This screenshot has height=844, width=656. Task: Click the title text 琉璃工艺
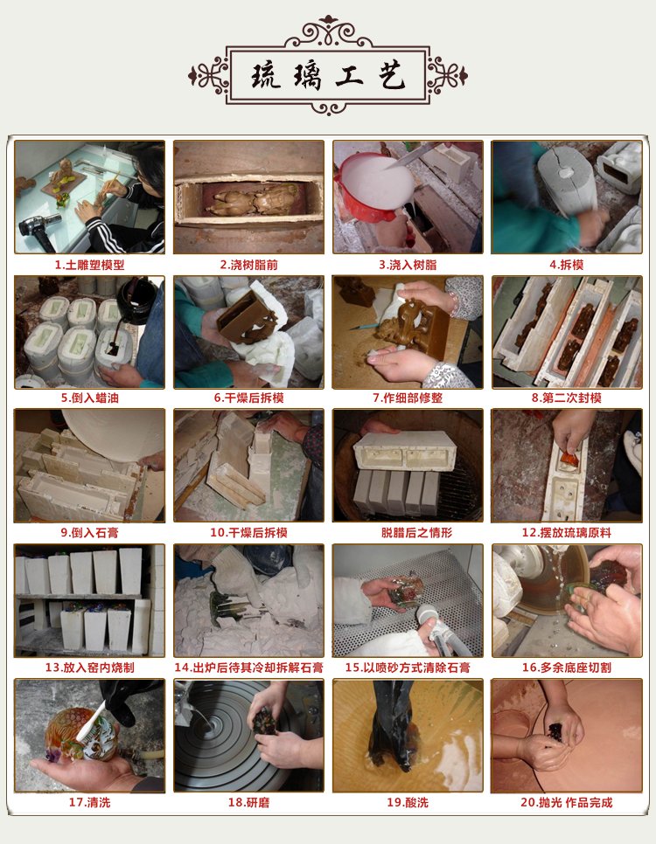pyautogui.click(x=328, y=75)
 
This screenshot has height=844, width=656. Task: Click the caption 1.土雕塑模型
pyautogui.click(x=89, y=265)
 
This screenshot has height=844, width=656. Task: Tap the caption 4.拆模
pyautogui.click(x=567, y=265)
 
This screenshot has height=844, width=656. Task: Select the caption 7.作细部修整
pyautogui.click(x=408, y=398)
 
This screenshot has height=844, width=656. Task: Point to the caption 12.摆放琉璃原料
pyautogui.click(x=567, y=533)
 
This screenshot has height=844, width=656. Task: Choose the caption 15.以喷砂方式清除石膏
pyautogui.click(x=408, y=668)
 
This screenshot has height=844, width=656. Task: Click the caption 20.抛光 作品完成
pyautogui.click(x=567, y=803)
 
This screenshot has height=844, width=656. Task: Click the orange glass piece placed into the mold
pyautogui.click(x=569, y=458)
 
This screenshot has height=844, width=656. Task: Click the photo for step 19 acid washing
pyautogui.click(x=408, y=736)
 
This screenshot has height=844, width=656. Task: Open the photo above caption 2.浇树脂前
pyautogui.click(x=248, y=197)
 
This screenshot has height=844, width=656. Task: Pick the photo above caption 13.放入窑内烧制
pyautogui.click(x=89, y=600)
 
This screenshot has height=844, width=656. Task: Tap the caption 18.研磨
pyautogui.click(x=248, y=803)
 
